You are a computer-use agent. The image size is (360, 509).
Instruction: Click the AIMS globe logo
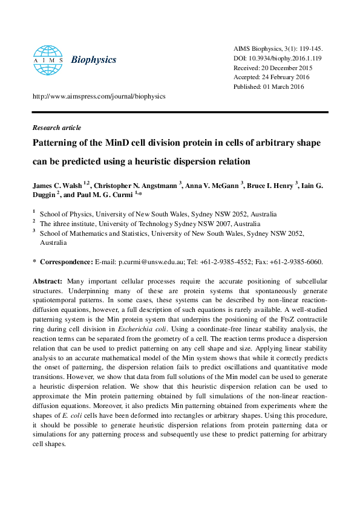coord(48,59)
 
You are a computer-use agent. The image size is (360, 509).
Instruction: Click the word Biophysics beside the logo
coord(94,60)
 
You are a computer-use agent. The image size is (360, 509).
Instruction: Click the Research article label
coord(56,128)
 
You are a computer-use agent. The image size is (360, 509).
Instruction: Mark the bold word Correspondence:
coord(67,262)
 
